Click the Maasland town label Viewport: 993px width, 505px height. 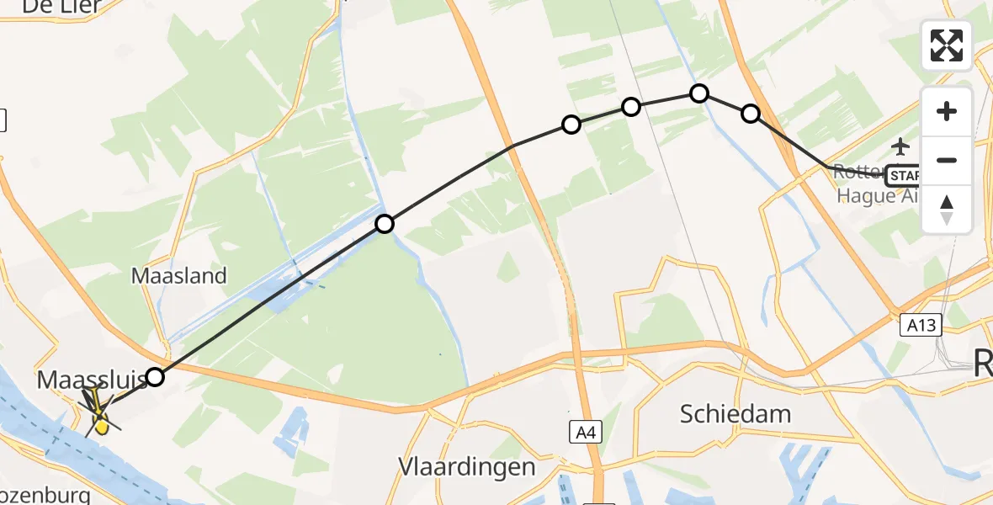pyautogui.click(x=178, y=275)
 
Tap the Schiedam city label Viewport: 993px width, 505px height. pyautogui.click(x=736, y=413)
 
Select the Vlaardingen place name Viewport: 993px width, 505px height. pyautogui.click(x=467, y=467)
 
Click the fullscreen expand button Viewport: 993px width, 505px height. pyautogui.click(x=947, y=45)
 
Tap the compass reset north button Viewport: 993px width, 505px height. pyautogui.click(x=947, y=210)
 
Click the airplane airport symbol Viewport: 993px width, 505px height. pyautogui.click(x=901, y=147)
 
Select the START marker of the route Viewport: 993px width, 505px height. pyautogui.click(x=903, y=176)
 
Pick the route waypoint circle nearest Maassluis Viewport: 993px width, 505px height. pyautogui.click(x=155, y=376)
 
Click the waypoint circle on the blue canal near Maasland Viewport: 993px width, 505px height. pyautogui.click(x=385, y=224)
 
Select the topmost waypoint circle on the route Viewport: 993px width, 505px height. pyautogui.click(x=699, y=93)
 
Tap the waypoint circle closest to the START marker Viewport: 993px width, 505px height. pyautogui.click(x=750, y=114)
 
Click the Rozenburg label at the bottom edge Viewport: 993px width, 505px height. pyautogui.click(x=42, y=495)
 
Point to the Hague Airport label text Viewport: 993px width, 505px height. pyautogui.click(x=871, y=196)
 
